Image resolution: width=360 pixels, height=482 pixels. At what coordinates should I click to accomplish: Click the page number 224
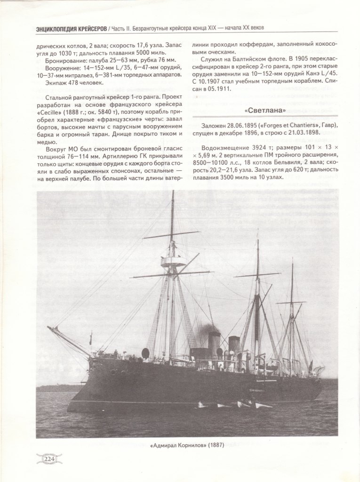(x=49, y=458)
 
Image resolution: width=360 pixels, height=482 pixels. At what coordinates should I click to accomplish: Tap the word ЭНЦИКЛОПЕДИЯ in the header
(x=59, y=29)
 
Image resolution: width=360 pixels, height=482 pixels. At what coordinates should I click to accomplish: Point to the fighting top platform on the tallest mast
(x=173, y=261)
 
